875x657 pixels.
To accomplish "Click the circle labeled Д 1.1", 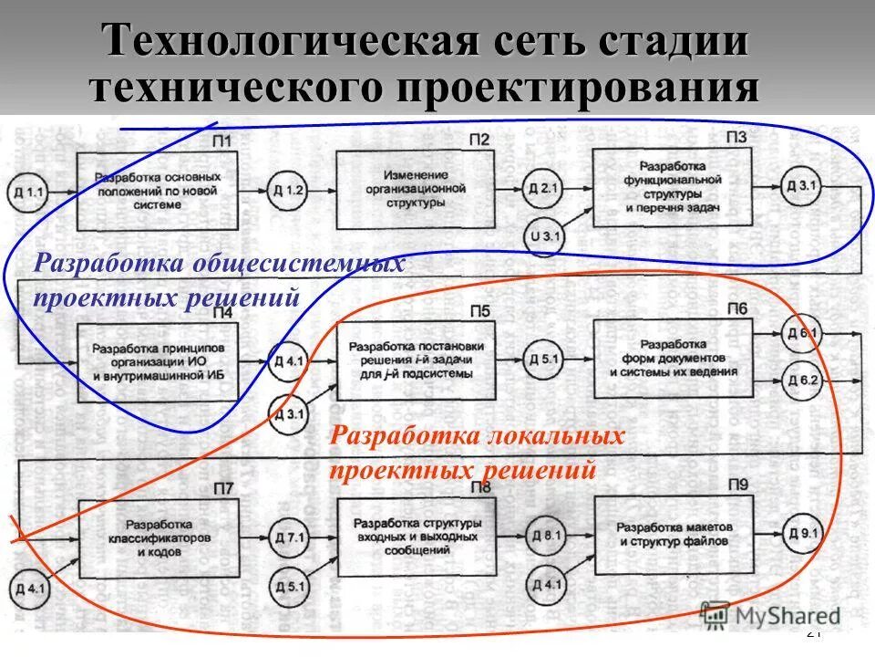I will pyautogui.click(x=28, y=191).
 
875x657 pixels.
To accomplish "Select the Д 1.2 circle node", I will pyautogui.click(x=286, y=191).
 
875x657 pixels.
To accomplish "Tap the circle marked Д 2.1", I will pyautogui.click(x=543, y=190).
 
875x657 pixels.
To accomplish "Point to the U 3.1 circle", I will pyautogui.click(x=544, y=237).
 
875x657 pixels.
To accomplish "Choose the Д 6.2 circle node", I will pyautogui.click(x=801, y=381).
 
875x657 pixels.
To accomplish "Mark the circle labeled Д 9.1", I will pyautogui.click(x=801, y=532).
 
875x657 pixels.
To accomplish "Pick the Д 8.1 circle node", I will pyautogui.click(x=546, y=536).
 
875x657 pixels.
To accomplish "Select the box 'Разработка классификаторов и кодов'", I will pyautogui.click(x=159, y=537).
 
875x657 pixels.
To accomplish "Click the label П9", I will pyautogui.click(x=736, y=485).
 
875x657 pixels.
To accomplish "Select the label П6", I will pyautogui.click(x=736, y=309).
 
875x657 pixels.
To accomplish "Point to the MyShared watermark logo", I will pyautogui.click(x=771, y=616).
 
